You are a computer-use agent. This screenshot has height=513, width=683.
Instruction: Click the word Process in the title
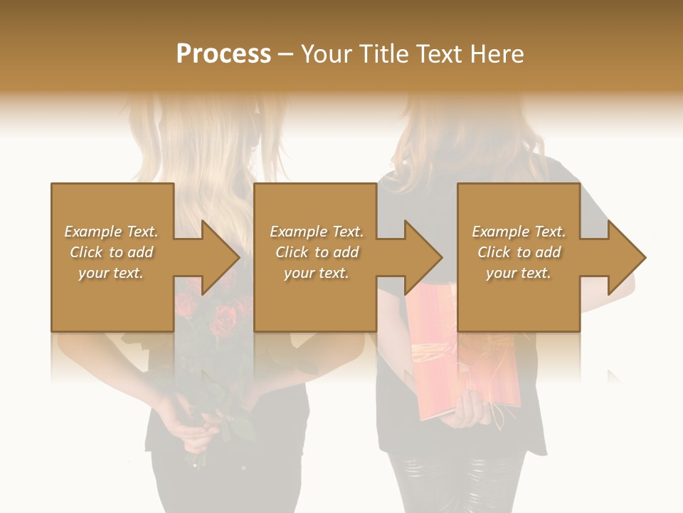223,54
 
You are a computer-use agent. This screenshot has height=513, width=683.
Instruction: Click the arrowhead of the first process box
221,257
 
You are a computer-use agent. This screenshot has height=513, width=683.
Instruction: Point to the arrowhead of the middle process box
423,257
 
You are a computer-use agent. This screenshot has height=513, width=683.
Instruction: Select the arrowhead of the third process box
626,257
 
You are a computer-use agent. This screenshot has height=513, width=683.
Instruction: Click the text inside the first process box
111,252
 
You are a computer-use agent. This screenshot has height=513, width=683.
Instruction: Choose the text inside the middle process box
317,252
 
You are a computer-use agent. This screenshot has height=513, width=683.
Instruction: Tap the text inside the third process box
519,252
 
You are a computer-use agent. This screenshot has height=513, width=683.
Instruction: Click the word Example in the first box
93,232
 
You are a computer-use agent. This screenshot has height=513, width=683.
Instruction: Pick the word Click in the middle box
290,252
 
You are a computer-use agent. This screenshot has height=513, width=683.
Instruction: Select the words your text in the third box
519,273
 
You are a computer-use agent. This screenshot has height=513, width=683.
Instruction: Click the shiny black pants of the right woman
455,484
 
